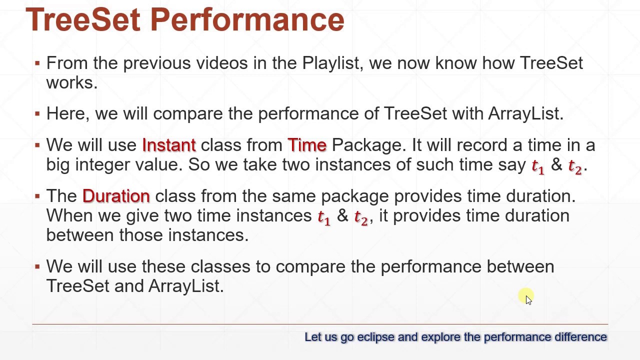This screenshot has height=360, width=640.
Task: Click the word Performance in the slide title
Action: point(247,20)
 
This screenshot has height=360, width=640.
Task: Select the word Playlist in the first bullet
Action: point(330,63)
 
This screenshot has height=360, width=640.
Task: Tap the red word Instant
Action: point(169,145)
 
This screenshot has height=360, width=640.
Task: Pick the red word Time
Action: point(307,145)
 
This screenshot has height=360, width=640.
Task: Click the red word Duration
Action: point(116,196)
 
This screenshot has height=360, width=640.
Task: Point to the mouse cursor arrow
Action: point(528,298)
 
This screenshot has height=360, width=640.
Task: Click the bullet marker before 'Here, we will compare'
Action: point(37,114)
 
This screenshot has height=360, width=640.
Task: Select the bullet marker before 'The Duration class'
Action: point(37,196)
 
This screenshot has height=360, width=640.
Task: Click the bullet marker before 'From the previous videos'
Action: point(37,63)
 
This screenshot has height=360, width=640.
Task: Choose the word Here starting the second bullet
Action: point(66,114)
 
